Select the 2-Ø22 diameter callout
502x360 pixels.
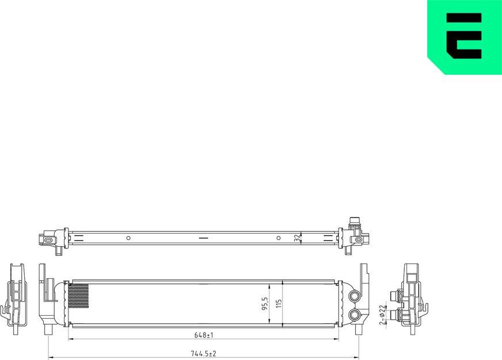click(x=383, y=315)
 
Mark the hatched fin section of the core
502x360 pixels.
click(x=79, y=296)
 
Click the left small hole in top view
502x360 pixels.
click(x=129, y=238)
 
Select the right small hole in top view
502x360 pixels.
click(x=278, y=238)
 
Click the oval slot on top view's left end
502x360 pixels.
click(x=49, y=238)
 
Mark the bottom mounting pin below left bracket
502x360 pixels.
click(x=48, y=331)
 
